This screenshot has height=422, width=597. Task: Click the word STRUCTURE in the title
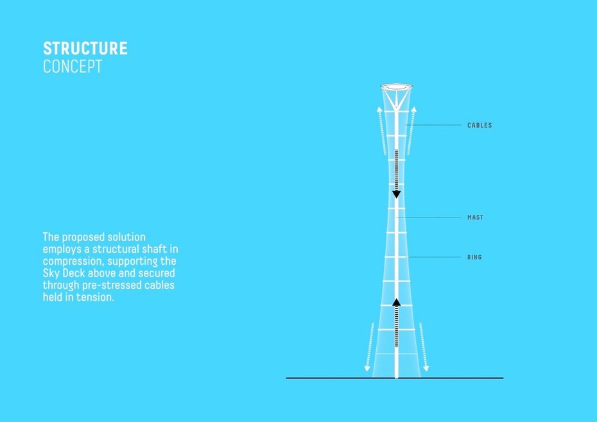(x=85, y=48)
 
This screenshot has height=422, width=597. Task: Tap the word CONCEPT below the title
(x=73, y=67)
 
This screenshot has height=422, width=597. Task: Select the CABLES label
(x=480, y=125)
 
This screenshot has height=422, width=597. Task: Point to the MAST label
(x=475, y=217)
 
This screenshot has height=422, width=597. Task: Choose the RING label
(x=474, y=257)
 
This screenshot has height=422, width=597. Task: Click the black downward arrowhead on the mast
(x=396, y=195)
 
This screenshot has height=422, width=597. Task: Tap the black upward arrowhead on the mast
(x=396, y=302)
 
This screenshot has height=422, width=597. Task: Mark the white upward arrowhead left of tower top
(x=379, y=110)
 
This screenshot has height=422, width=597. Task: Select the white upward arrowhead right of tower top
(x=414, y=110)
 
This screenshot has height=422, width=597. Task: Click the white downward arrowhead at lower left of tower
(x=367, y=368)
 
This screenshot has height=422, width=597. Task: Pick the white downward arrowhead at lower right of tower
(x=426, y=368)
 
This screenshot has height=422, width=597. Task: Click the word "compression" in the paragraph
(x=73, y=262)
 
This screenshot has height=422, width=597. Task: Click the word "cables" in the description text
(x=159, y=285)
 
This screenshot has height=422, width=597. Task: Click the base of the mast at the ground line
(x=396, y=377)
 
